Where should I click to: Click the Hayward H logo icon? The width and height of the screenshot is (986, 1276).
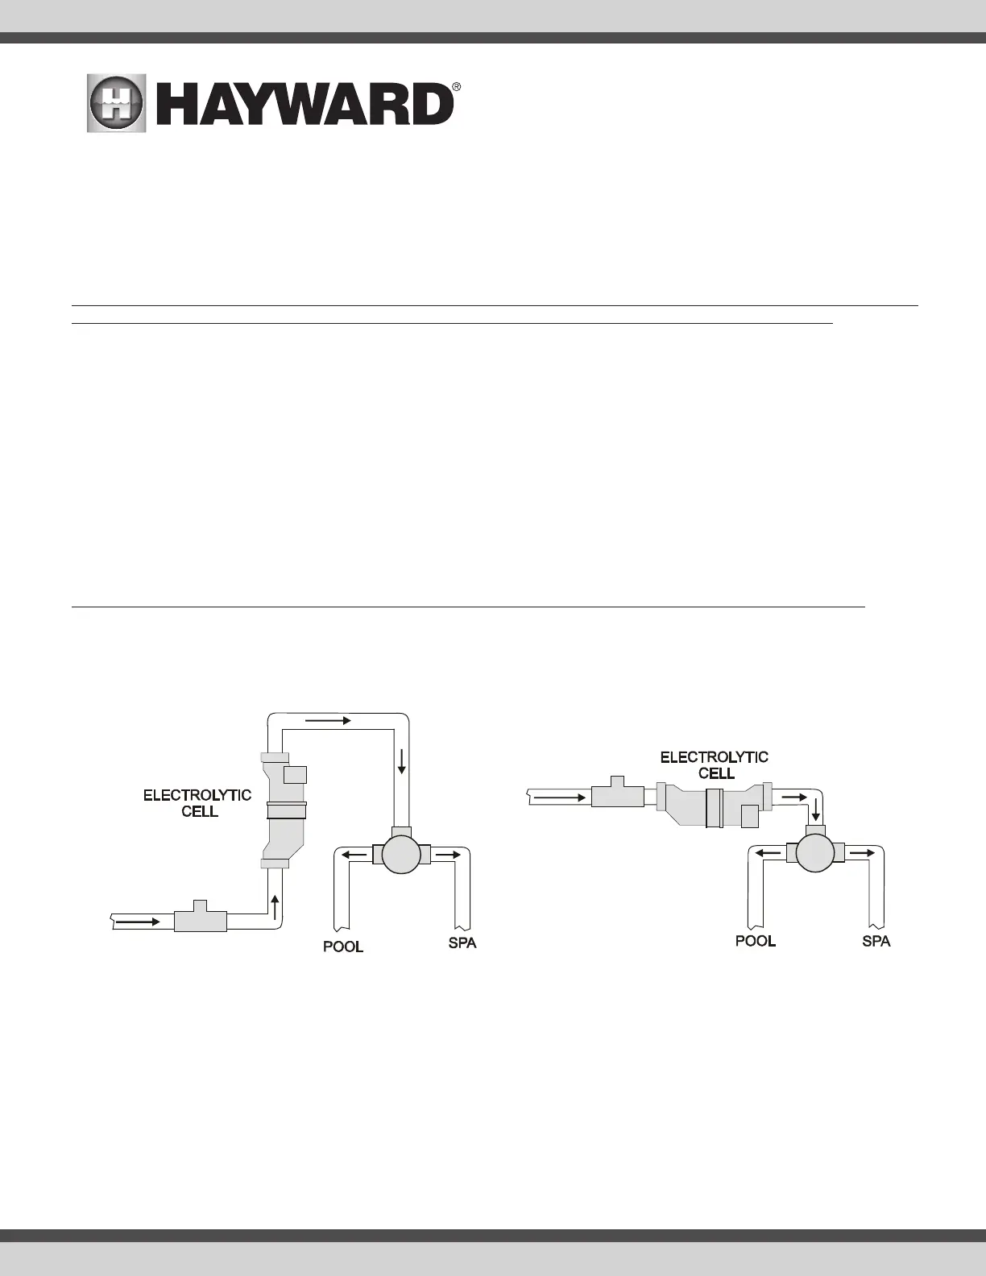pos(117,104)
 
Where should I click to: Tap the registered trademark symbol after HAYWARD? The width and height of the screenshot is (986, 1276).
pos(456,86)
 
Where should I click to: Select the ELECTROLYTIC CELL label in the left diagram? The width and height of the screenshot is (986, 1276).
pos(197,803)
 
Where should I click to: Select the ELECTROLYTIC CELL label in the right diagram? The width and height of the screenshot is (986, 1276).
pos(715,765)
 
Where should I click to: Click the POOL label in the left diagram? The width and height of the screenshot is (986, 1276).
pos(343,947)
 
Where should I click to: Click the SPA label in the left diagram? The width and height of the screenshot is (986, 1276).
pos(462,942)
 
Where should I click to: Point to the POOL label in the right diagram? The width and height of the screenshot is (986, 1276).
pos(756,941)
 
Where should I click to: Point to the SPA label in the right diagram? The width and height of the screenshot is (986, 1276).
pos(876,941)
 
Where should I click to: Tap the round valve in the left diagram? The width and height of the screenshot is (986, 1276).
pos(401,854)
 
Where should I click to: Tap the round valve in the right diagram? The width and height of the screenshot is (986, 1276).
pos(814,852)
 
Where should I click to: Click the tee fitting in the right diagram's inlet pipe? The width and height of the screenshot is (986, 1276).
pos(617,794)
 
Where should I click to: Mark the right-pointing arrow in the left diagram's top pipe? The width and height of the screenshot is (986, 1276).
pos(328,721)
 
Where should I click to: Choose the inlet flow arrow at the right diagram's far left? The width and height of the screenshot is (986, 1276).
pos(558,797)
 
